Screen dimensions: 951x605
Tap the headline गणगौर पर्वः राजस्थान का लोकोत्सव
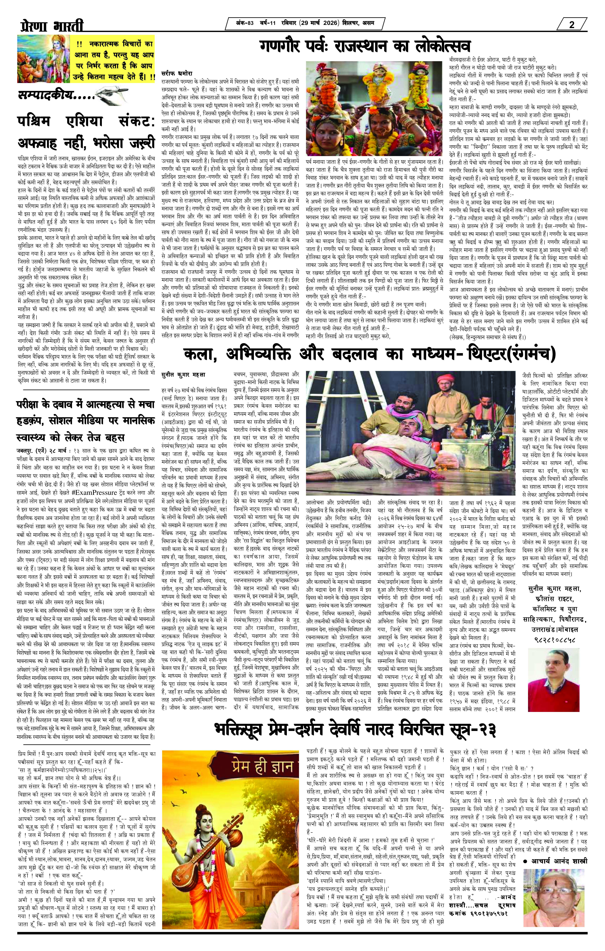click(x=365, y=46)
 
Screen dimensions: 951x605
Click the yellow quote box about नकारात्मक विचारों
click(x=115, y=60)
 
